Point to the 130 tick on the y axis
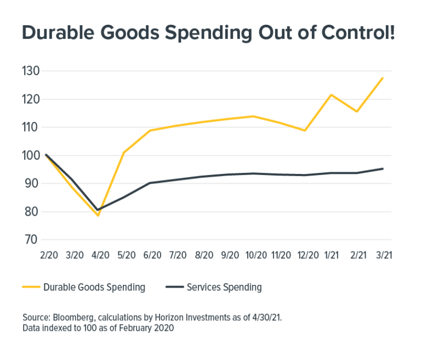[x=32, y=71]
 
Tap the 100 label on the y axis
[x=32, y=155]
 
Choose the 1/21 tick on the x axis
[x=331, y=255]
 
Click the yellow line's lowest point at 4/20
[x=98, y=216]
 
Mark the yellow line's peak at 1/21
[x=331, y=94]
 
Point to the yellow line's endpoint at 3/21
[x=383, y=77]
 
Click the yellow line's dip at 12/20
[x=305, y=131]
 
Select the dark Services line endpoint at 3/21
[x=383, y=168]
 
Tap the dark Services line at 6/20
[x=150, y=183]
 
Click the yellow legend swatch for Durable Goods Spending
[x=32, y=287]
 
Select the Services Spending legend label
[x=224, y=287]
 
